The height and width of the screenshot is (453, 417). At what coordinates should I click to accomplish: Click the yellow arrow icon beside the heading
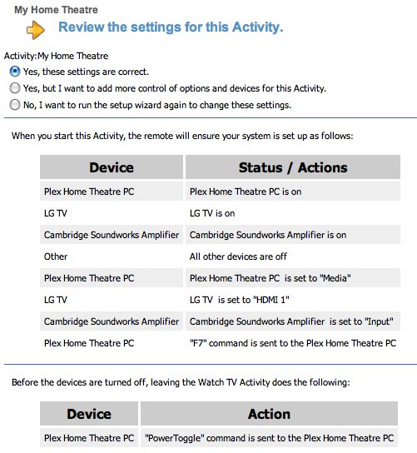[36, 30]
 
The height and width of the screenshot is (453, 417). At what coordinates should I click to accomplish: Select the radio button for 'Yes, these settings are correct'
[15, 72]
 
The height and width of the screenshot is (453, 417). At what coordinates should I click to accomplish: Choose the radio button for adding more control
[15, 87]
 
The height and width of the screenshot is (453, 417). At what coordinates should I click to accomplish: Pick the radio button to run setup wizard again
[15, 105]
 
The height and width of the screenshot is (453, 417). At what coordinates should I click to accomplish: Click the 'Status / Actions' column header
[293, 167]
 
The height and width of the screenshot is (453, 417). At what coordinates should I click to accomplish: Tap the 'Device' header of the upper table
[112, 167]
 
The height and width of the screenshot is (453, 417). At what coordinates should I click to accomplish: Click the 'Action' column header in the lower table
[269, 414]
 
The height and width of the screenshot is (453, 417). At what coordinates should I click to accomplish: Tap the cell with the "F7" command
[293, 343]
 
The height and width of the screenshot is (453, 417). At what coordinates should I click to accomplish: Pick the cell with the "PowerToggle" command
[269, 438]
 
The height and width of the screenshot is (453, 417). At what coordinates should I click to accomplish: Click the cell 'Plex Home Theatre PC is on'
[293, 192]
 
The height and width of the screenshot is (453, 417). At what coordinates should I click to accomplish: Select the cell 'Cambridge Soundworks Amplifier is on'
[293, 235]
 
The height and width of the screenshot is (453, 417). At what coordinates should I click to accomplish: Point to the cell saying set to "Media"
[293, 278]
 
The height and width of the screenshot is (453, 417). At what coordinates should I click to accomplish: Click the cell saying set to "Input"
[293, 321]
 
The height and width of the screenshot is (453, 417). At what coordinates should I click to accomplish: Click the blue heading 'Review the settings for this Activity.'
[171, 27]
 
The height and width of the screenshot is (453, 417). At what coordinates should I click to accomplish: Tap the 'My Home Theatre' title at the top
[56, 9]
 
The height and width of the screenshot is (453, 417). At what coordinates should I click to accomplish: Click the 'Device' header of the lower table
[89, 414]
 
